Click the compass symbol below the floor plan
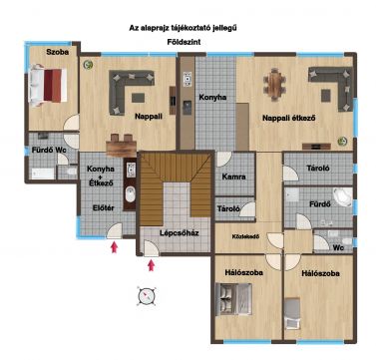tap(147, 295)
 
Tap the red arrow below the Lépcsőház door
tap(152, 265)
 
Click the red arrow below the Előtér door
tap(114, 247)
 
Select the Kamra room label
tap(233, 177)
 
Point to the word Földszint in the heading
tap(185, 42)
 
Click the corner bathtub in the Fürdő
tap(342, 196)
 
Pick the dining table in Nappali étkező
tap(274, 85)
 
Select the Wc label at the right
tap(338, 247)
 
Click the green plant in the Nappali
tap(88, 64)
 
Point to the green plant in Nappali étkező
tap(342, 142)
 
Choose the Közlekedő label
tap(245, 236)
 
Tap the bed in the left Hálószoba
tap(233, 299)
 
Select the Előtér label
tap(103, 208)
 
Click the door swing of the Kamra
tap(223, 160)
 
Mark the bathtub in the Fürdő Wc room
tap(42, 174)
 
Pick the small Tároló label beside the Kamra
tap(228, 208)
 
